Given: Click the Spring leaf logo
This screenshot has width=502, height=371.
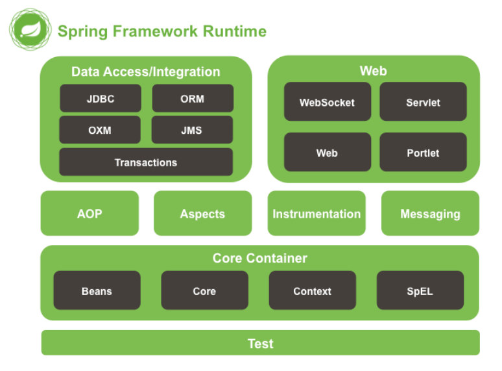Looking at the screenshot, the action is [30, 29].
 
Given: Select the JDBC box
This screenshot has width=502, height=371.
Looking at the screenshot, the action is [101, 98].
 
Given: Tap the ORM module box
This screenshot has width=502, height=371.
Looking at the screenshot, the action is [193, 98].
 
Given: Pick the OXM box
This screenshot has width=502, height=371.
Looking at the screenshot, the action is [100, 129].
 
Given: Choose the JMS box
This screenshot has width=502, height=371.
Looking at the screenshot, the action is [192, 129].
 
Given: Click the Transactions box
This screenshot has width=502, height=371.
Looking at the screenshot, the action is [146, 162].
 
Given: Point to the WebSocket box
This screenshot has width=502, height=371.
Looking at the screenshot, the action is [328, 101].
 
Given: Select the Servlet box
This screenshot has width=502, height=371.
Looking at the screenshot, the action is [424, 101].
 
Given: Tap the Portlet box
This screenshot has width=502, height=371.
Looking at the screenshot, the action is [424, 152].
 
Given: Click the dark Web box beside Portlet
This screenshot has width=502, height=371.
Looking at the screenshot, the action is [328, 152].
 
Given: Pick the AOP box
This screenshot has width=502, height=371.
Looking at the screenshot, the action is [90, 213].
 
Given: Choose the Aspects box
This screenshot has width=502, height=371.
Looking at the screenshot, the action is [202, 213].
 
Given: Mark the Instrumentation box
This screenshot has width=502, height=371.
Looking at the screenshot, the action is [317, 213].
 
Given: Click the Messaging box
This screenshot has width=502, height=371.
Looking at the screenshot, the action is [430, 213].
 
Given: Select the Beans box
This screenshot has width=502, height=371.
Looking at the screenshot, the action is [97, 290].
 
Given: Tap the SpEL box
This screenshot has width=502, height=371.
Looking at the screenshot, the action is [420, 290].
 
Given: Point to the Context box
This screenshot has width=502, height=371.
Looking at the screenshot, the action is [313, 290].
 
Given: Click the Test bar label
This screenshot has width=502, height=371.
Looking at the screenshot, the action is [261, 344].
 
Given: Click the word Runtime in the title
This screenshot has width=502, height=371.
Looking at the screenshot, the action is [235, 31].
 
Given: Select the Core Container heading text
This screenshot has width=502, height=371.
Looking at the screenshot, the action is [260, 258].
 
